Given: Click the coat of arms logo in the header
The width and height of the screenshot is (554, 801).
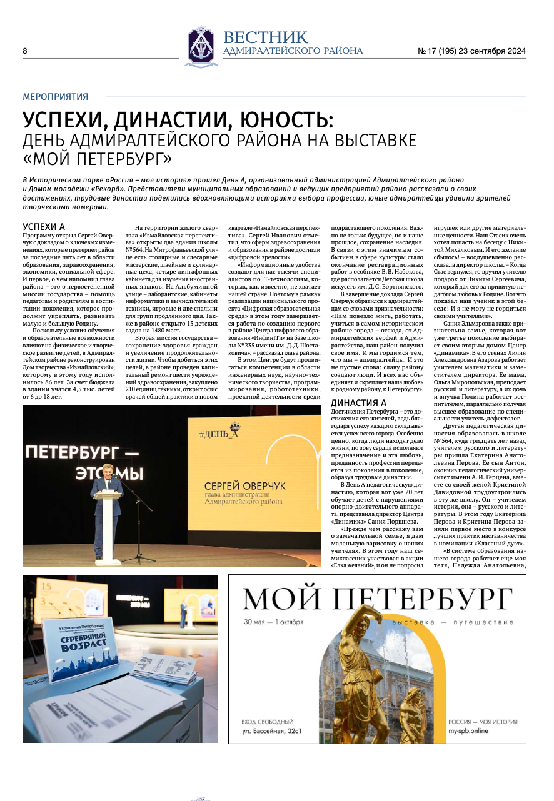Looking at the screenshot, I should (x=201, y=47).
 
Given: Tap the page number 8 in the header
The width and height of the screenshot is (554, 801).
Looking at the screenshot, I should (x=25, y=51).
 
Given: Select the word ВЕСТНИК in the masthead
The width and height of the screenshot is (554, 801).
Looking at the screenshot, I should (x=265, y=37).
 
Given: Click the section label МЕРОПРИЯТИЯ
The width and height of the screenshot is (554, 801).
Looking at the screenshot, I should (x=55, y=97).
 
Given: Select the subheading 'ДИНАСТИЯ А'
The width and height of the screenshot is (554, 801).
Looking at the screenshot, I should (x=358, y=402).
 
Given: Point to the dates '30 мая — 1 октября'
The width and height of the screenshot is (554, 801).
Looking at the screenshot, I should (x=274, y=622).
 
